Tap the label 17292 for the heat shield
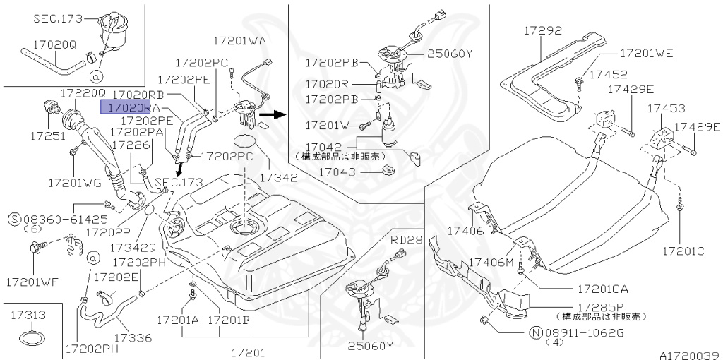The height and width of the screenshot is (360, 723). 542,31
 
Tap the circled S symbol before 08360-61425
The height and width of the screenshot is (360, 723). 14,219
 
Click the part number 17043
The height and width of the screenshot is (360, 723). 337,171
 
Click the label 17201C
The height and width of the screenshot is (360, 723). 683,251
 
